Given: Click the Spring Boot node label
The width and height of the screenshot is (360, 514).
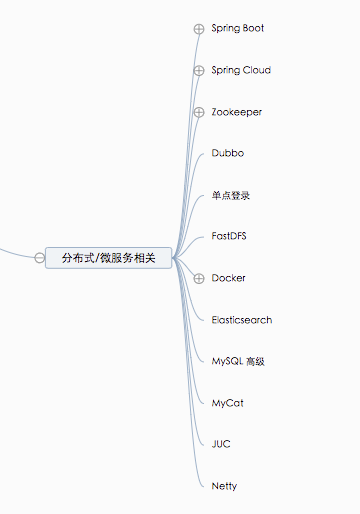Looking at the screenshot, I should (x=238, y=28).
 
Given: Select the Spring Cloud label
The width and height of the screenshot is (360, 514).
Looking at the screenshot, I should (x=241, y=70).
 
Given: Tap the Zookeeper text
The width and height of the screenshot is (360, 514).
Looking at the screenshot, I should (x=237, y=112).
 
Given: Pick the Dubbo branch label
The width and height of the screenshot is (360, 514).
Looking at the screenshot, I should (x=227, y=153).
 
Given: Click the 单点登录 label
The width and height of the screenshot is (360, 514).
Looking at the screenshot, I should (x=231, y=196).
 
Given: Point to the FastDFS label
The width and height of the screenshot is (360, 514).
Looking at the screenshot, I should (x=230, y=236).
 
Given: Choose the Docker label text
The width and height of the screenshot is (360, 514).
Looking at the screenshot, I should (x=229, y=278).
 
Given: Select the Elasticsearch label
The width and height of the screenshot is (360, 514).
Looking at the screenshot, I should (x=241, y=320).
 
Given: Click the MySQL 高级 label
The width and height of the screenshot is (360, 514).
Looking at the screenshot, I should (x=238, y=361).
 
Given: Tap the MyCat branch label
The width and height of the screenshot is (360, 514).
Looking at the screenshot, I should (x=227, y=403).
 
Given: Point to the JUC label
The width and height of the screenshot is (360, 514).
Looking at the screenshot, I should (x=221, y=444).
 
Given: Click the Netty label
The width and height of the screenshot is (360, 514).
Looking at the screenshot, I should (x=224, y=486).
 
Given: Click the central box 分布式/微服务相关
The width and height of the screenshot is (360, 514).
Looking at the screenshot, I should (x=108, y=258).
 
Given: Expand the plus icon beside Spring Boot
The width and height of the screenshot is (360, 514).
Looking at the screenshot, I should (x=199, y=29).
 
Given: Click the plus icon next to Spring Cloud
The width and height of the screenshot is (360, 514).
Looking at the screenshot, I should (x=199, y=70).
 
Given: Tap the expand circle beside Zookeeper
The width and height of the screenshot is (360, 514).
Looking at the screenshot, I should (x=199, y=112).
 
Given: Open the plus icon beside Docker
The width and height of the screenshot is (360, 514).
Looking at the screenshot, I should (x=199, y=278).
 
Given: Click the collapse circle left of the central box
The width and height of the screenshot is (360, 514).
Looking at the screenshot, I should (x=39, y=258).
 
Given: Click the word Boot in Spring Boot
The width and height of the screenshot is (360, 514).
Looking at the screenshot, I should (x=252, y=28).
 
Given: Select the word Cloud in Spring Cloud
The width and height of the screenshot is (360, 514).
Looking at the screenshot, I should (x=257, y=70).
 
